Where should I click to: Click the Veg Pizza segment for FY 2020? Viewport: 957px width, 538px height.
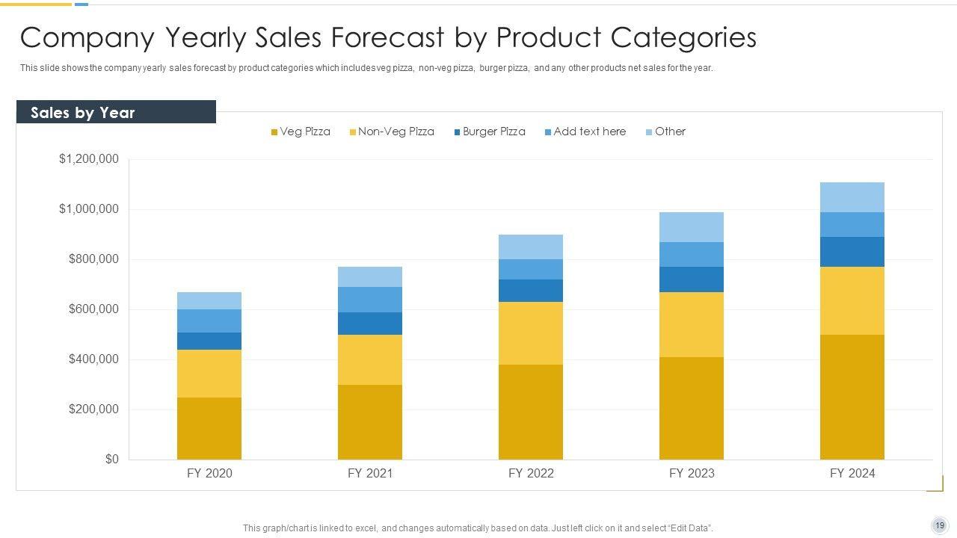click(x=209, y=428)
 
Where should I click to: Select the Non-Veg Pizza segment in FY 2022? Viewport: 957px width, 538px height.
click(x=531, y=333)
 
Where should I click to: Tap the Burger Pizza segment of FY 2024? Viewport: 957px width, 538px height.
click(x=852, y=252)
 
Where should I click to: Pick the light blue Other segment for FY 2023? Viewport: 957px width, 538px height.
click(x=692, y=227)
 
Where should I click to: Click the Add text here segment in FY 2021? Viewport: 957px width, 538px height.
click(x=370, y=300)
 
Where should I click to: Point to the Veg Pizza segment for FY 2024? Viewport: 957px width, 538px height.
click(x=852, y=397)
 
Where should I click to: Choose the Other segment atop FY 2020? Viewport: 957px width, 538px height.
click(x=209, y=300)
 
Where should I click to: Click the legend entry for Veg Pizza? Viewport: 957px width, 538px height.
click(x=301, y=132)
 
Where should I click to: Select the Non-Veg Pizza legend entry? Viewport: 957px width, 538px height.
click(x=392, y=132)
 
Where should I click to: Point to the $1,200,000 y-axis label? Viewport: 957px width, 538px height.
click(x=89, y=159)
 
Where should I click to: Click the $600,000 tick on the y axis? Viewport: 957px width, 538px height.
click(x=93, y=309)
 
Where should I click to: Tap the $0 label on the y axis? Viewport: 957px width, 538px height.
click(x=111, y=460)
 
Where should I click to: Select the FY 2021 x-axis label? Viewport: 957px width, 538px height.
click(x=370, y=473)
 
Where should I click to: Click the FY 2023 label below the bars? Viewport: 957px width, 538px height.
click(x=692, y=473)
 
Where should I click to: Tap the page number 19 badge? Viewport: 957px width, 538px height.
click(x=940, y=525)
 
